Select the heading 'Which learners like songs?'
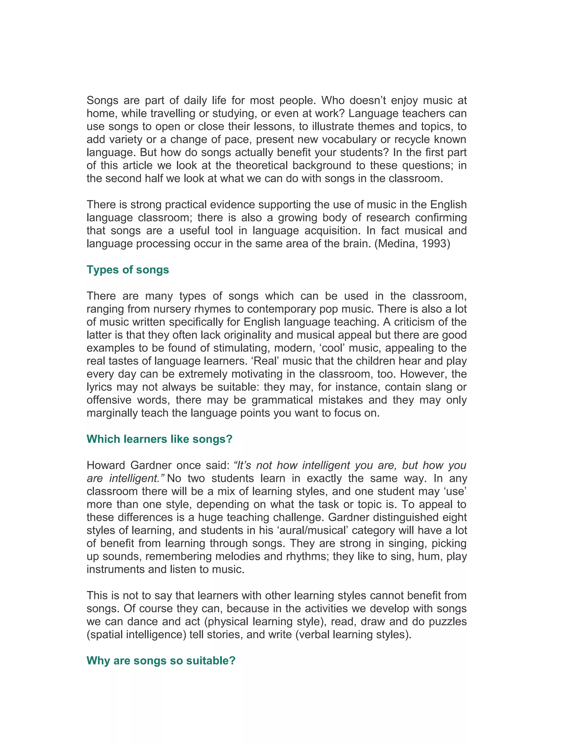(159, 439)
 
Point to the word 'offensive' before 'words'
(109, 400)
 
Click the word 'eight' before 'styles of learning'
(454, 517)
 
